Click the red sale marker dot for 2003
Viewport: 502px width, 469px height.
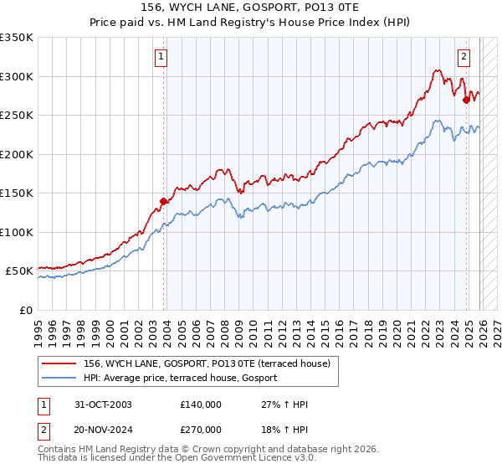click(x=164, y=201)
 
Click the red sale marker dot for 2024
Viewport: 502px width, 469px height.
click(x=466, y=100)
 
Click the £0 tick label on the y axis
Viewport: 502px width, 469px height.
click(x=25, y=310)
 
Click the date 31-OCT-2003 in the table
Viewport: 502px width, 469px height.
click(x=101, y=405)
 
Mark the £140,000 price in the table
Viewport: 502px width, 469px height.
click(x=201, y=405)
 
